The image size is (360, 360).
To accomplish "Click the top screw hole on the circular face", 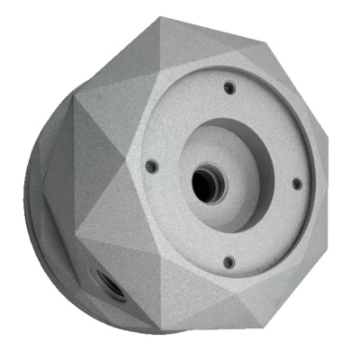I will click(x=229, y=87).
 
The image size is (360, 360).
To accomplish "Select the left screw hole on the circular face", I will click(x=150, y=166).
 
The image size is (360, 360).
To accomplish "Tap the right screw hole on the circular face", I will click(x=296, y=184).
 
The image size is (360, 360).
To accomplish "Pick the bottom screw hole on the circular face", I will click(x=228, y=262).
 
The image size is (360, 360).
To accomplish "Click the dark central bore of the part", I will click(x=204, y=183).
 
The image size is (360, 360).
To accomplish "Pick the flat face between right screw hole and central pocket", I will click(x=279, y=184).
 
